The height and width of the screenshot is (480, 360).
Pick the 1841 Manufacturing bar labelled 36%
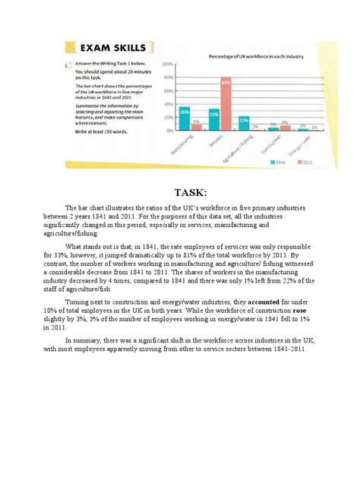tap(184, 118)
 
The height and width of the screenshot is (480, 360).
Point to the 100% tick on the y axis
tap(168, 64)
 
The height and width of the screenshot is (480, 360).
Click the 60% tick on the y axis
tap(169, 90)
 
